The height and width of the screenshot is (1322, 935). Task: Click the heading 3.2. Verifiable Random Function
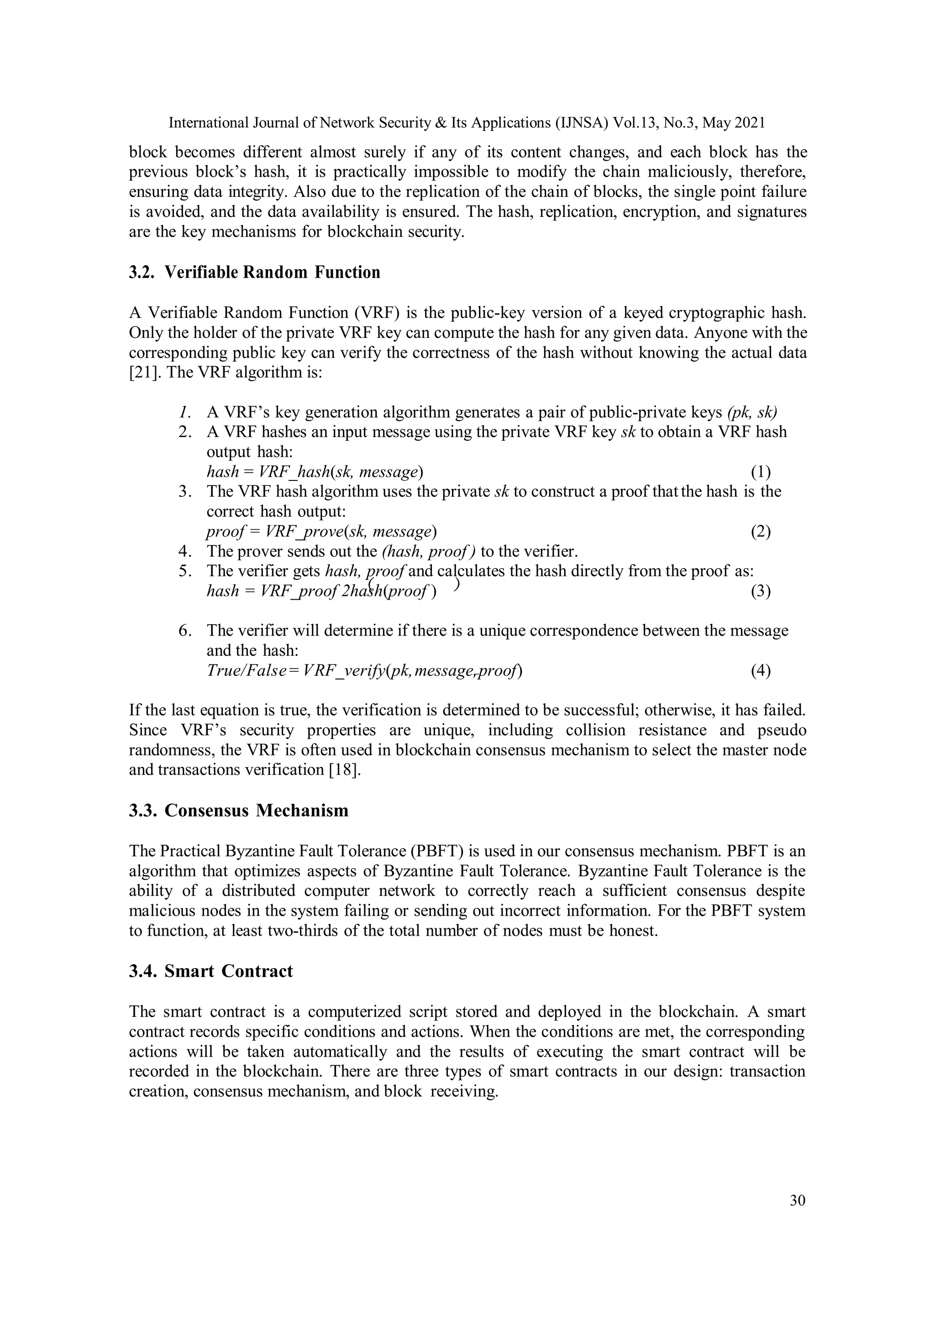coord(254,272)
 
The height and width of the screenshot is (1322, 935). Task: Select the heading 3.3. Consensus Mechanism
coord(238,811)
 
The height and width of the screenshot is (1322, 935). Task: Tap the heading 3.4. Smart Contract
coord(211,971)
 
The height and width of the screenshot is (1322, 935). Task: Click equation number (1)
coord(761,472)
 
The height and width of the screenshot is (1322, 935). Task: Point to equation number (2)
coord(761,532)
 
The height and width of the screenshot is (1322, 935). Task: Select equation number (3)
coord(761,591)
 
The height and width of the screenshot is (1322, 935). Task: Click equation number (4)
coord(761,671)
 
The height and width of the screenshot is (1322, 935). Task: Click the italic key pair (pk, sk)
coord(752,412)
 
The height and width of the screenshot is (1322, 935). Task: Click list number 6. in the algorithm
coord(185,631)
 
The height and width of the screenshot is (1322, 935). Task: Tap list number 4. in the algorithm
coord(185,551)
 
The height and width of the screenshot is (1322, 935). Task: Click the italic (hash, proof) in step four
coord(428,551)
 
